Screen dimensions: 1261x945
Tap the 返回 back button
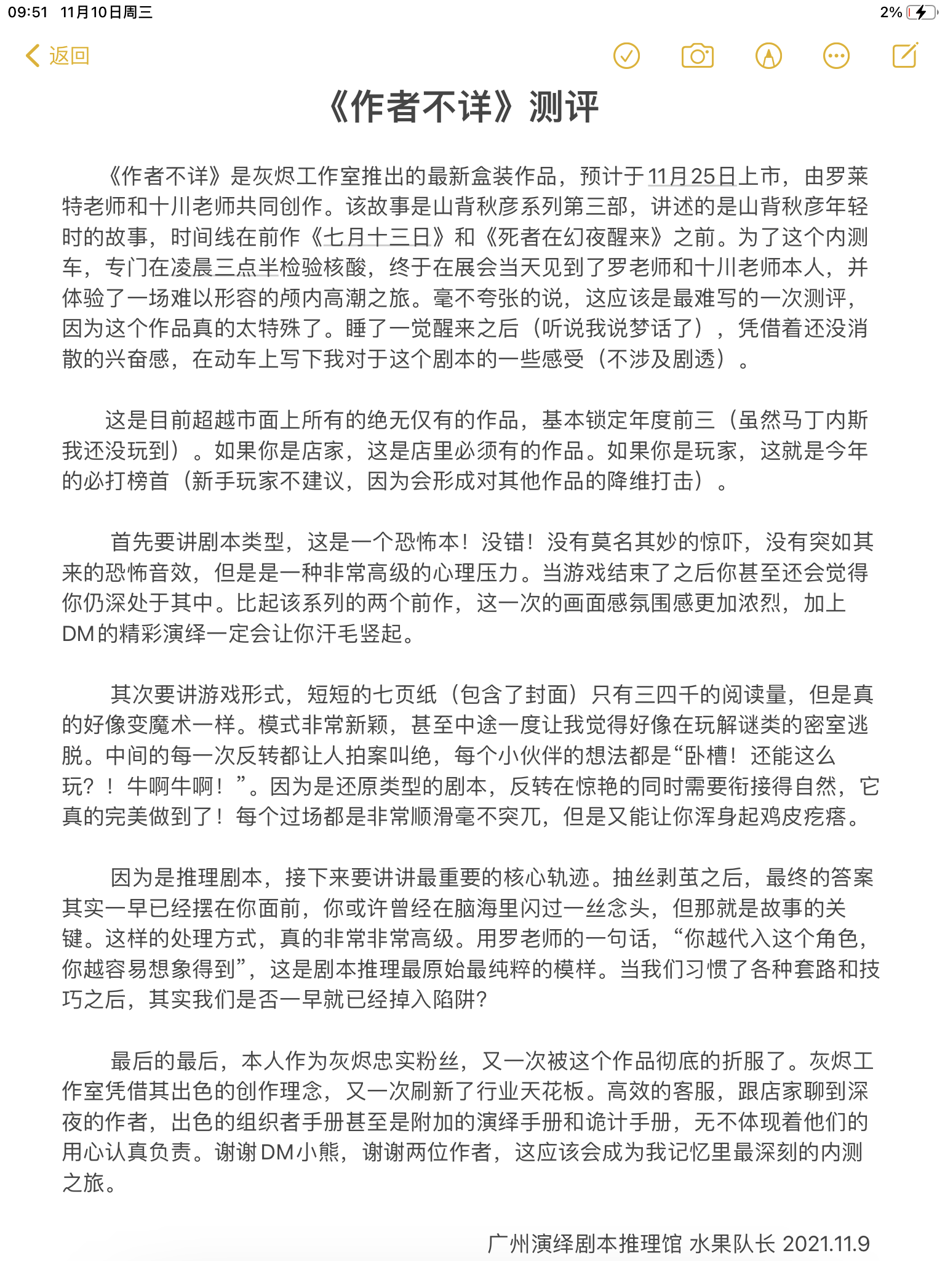pyautogui.click(x=58, y=56)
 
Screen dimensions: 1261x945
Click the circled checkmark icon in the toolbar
pyautogui.click(x=626, y=56)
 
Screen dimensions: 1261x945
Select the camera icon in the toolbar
pyautogui.click(x=697, y=56)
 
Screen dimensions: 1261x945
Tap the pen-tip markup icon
pyautogui.click(x=768, y=56)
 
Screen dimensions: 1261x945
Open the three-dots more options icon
pyautogui.click(x=836, y=56)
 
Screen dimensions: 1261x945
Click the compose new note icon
pyautogui.click(x=905, y=55)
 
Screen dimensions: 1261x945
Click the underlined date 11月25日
pyautogui.click(x=692, y=177)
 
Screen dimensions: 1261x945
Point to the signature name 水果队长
pyautogui.click(x=732, y=1244)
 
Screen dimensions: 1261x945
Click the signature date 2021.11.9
pyautogui.click(x=826, y=1244)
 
